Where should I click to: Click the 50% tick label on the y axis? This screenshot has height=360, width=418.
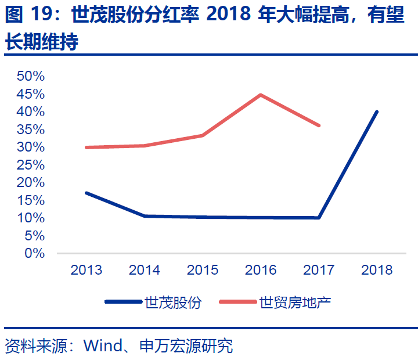pos(31,76)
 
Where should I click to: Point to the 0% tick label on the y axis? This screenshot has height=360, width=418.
pos(34,253)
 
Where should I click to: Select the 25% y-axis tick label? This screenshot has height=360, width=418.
pos(31,164)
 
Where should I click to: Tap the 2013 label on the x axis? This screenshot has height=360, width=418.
pos(86,270)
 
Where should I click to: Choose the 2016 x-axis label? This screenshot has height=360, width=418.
pos(261,270)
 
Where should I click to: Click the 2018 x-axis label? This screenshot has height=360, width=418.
pos(377,270)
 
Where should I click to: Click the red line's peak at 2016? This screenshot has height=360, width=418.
pos(261,95)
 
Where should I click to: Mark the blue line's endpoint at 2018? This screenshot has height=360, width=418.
pos(377,111)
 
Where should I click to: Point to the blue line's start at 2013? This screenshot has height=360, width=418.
pos(86,193)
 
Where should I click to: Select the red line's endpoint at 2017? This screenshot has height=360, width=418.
pos(319,125)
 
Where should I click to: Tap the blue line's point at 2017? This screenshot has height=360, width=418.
pos(319,218)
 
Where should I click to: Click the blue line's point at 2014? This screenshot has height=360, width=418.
pos(144,216)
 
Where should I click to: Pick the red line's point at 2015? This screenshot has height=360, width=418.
pos(203,135)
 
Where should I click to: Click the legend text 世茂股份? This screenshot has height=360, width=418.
pos(174,303)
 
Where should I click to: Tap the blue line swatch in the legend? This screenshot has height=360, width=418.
pos(123,302)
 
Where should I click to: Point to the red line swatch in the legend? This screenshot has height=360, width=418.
pos(237,302)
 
